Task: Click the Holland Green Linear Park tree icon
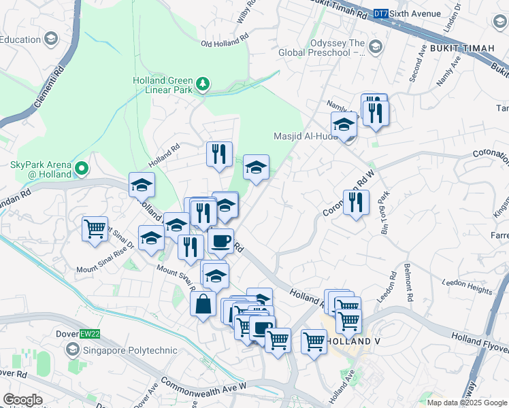(x=202, y=84)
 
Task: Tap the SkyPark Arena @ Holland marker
(x=82, y=167)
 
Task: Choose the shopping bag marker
(x=203, y=303)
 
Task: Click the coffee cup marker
(x=220, y=241)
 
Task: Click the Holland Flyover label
(x=480, y=337)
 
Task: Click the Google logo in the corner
(x=22, y=399)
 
